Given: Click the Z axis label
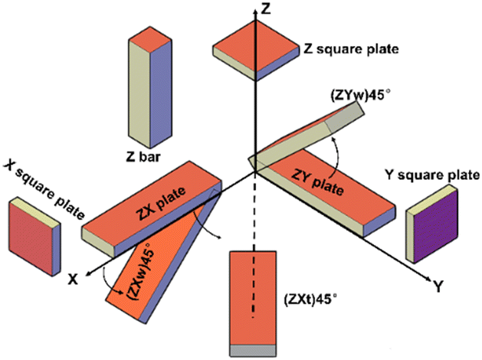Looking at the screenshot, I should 265,10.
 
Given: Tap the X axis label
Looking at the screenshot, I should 73,280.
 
